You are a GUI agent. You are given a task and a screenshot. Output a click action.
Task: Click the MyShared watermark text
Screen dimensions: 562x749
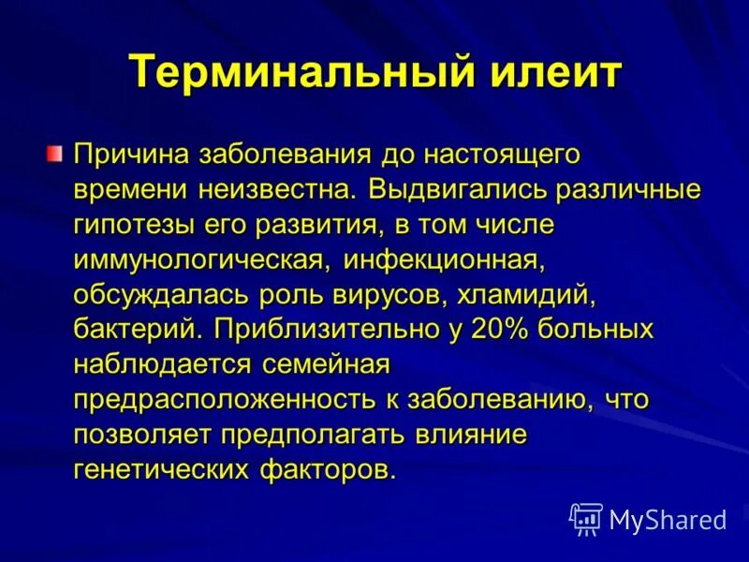point(668,519)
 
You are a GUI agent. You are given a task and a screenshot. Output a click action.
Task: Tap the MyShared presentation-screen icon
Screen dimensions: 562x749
point(585,518)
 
